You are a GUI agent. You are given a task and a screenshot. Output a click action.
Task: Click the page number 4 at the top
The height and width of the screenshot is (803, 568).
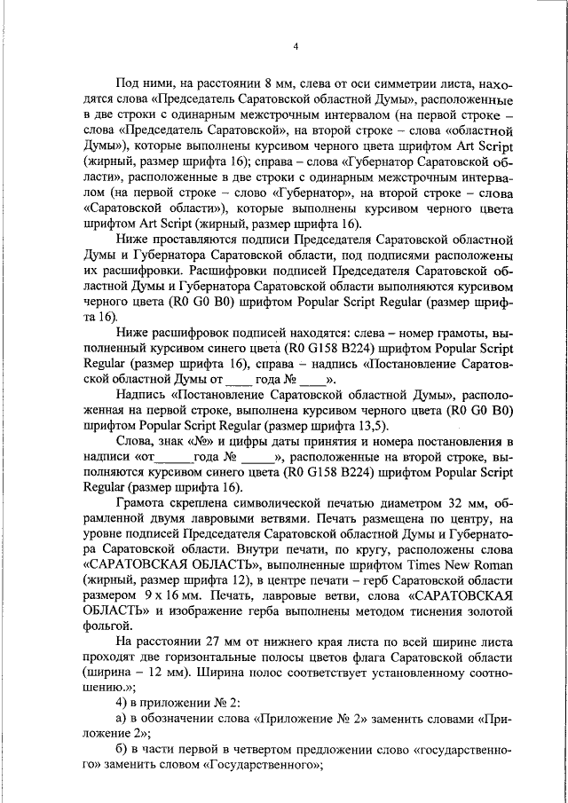[x=296, y=46]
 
